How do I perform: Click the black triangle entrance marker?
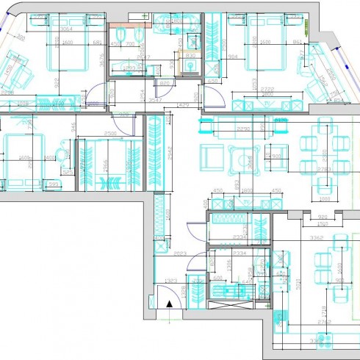pos(169,303)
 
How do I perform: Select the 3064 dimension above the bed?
pos(67,29)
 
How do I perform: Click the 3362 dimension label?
pos(317,238)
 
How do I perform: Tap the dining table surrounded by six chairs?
pos(321,155)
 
